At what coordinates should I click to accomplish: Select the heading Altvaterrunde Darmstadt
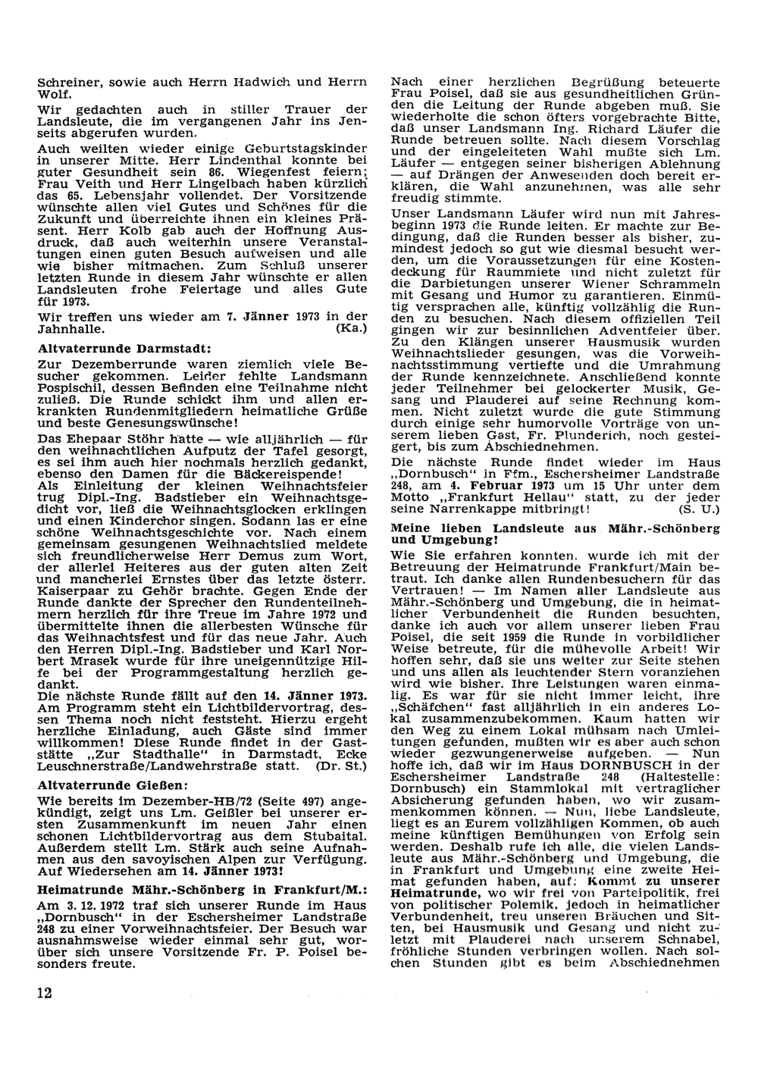[124, 349]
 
